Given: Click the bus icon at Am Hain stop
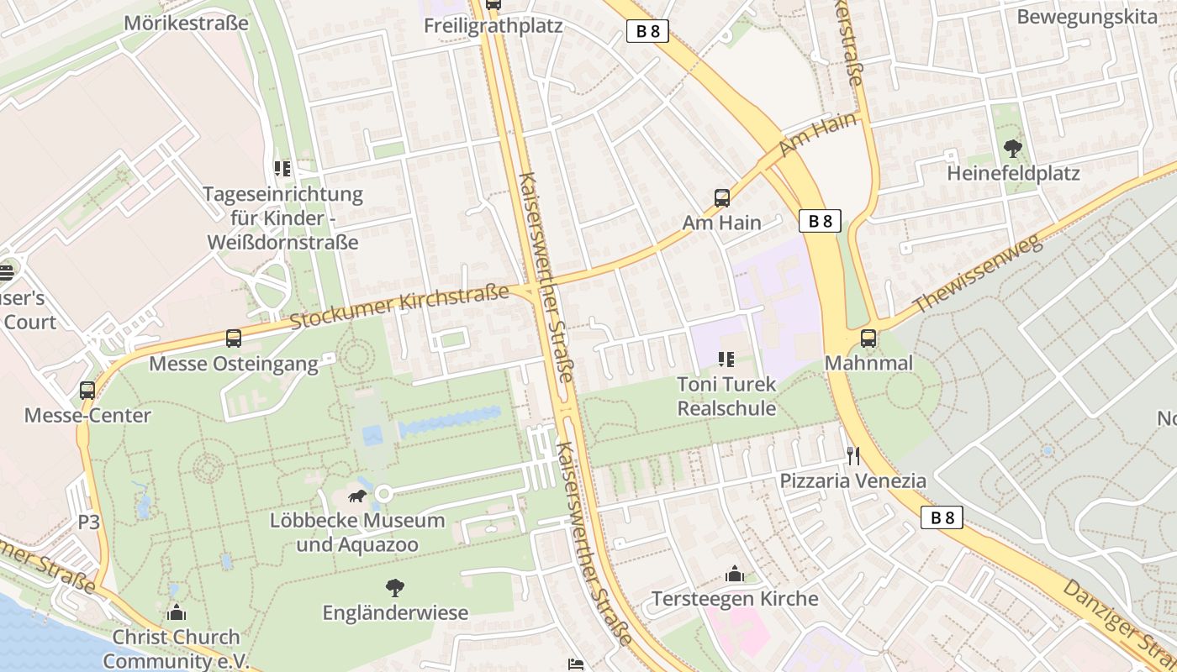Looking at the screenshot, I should pos(721,198).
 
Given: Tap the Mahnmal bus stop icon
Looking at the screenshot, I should pos(868,339).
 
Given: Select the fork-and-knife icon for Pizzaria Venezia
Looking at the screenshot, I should pos(853,456).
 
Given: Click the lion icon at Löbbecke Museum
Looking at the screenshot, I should pos(357,496).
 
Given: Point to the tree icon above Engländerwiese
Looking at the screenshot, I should pos(394,588).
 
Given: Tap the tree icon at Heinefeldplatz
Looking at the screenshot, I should pos(1013,149).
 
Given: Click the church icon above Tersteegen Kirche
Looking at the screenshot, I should pos(735,575).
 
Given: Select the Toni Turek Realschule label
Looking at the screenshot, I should pos(726,396).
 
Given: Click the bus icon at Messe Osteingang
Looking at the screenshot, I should pos(234,339).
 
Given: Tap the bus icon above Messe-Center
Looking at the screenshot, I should pos(87,391).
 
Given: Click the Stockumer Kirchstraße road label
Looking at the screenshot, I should pos(399,307).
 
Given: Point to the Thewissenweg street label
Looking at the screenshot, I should pos(978,275).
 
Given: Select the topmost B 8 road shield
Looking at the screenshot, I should pos(647,32).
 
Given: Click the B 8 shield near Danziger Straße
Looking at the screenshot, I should pos(942,517).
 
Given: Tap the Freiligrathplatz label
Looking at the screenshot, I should pos(493,25).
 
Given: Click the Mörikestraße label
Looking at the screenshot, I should pos(186,23).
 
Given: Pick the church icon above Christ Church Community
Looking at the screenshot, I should pos(177,612).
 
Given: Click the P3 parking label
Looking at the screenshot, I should pos(89,522).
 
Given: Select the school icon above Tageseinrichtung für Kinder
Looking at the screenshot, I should pos(282,169).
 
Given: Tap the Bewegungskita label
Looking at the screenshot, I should pos(1086,17).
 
